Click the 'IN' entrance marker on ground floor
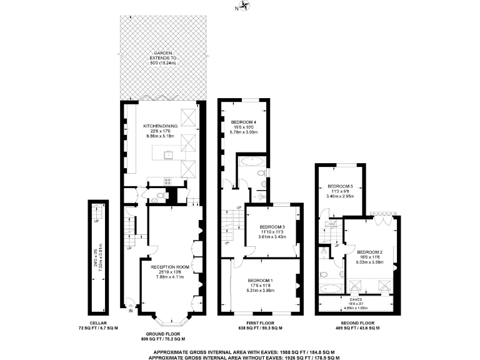pos(131,311)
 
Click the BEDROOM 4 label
pos(244,121)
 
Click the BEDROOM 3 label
pos(272,226)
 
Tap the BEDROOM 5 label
pos(341,186)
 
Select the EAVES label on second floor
pos(355,299)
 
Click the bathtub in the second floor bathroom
pos(330,289)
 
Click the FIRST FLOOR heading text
pos(261,323)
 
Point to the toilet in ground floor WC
pos(161,197)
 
